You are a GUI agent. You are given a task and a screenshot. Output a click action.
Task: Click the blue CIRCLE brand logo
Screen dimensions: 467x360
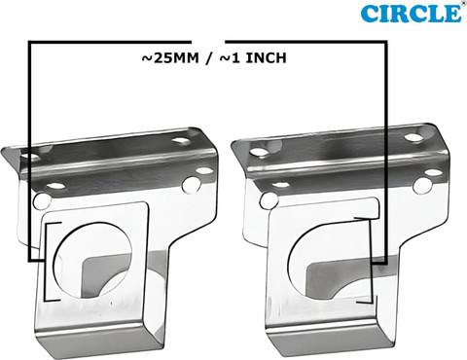(411, 14)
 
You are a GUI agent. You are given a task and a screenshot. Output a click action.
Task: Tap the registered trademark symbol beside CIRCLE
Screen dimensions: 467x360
(462, 4)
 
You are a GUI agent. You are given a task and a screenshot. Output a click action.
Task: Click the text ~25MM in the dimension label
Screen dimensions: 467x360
(169, 58)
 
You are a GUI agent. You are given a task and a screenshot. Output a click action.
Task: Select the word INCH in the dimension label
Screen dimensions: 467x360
(266, 58)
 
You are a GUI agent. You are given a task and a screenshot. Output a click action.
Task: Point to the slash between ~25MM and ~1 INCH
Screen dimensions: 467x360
(209, 58)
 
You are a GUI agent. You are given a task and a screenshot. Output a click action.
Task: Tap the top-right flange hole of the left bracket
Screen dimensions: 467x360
(181, 141)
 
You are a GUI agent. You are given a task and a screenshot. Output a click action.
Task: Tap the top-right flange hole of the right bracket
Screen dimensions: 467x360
(414, 137)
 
